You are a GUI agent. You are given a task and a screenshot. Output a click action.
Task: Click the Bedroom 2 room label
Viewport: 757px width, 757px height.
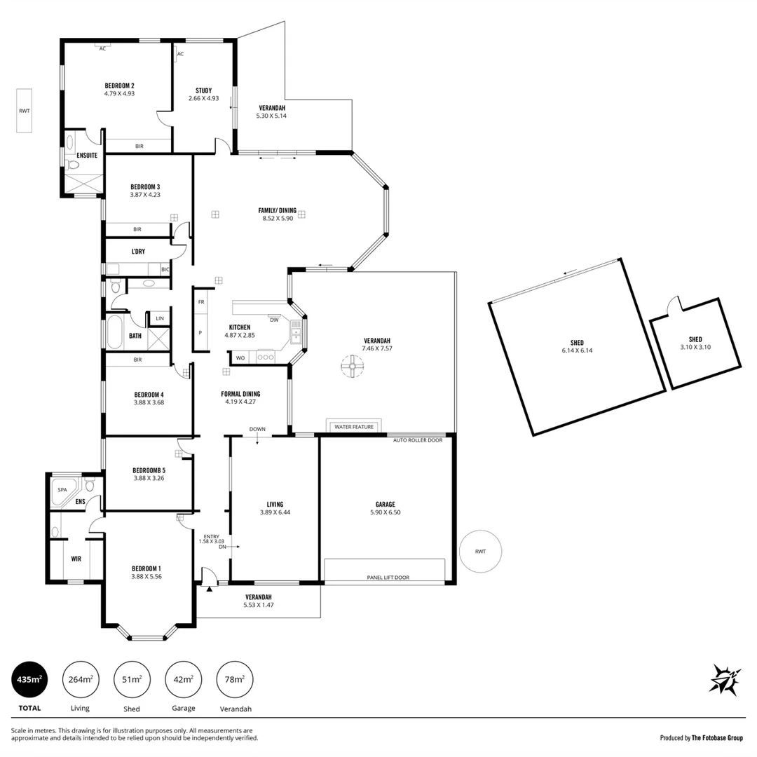coord(119,86)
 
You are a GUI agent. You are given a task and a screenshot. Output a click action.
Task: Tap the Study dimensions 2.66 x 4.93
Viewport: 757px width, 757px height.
coord(203,99)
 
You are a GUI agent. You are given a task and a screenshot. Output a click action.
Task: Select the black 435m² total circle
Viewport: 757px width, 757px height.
coord(29,679)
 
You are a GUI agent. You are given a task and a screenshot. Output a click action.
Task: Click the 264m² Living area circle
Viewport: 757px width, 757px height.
coord(81,679)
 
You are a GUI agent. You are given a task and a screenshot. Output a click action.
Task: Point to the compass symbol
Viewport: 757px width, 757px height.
coord(725,679)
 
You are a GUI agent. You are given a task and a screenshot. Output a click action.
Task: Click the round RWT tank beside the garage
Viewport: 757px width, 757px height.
coord(480,552)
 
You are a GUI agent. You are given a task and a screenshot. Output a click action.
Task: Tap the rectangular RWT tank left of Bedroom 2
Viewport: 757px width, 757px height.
coord(25,111)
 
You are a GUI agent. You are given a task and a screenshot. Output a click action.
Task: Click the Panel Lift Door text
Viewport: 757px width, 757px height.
coord(388,578)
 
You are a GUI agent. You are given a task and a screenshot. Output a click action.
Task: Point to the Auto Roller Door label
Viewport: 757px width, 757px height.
coord(418,440)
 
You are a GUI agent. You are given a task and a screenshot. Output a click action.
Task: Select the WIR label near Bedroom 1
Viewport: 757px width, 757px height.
coord(76,559)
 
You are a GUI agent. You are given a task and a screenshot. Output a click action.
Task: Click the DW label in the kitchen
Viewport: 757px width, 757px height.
coord(274,320)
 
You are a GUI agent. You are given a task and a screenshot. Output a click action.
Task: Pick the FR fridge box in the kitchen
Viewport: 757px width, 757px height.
coord(201,302)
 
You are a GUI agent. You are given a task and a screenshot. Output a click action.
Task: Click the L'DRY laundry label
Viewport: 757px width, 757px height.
coord(138,252)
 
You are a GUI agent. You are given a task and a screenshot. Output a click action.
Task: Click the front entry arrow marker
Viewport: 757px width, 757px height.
coord(209,589)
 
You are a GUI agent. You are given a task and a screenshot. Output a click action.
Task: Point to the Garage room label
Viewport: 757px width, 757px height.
coord(385,504)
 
